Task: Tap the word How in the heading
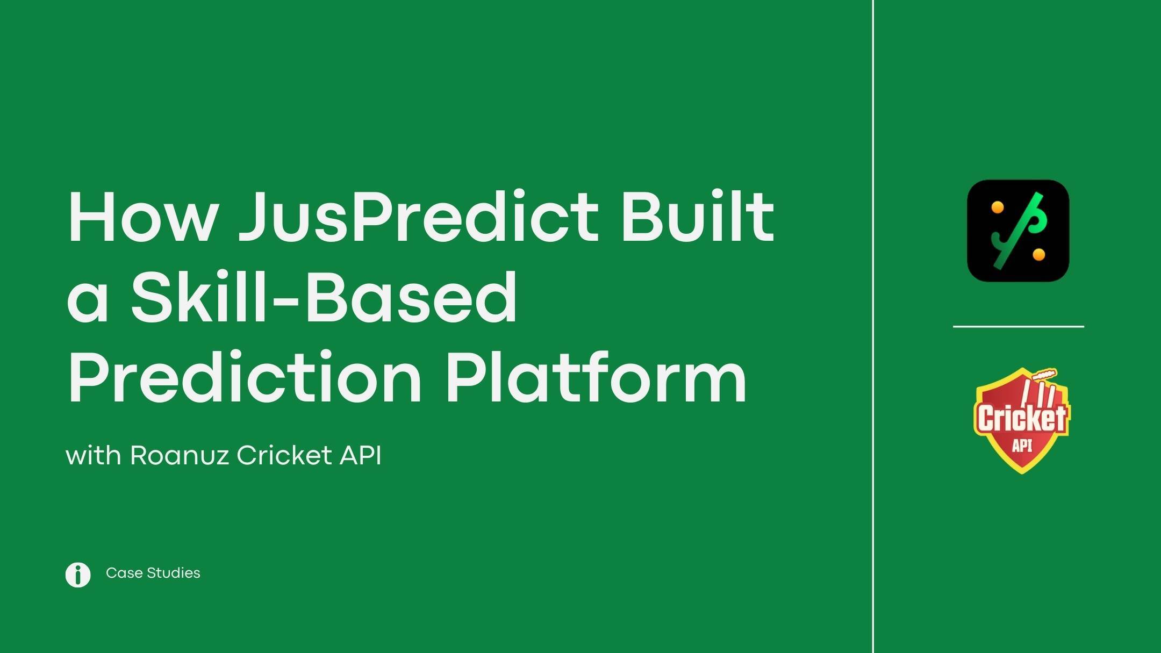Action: [x=142, y=217]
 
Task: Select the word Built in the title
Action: [x=698, y=215]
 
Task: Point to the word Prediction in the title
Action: [x=245, y=376]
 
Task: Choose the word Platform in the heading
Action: [x=596, y=376]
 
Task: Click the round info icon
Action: [x=78, y=575]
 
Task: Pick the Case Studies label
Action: [x=153, y=573]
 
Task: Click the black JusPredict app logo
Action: [x=1018, y=231]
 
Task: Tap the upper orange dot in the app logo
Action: [x=997, y=207]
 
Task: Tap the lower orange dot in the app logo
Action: [x=1039, y=254]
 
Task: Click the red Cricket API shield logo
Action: [x=1021, y=421]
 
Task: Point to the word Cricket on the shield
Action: [x=1021, y=418]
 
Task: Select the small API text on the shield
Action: [x=1022, y=446]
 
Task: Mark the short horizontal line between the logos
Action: [x=1019, y=326]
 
